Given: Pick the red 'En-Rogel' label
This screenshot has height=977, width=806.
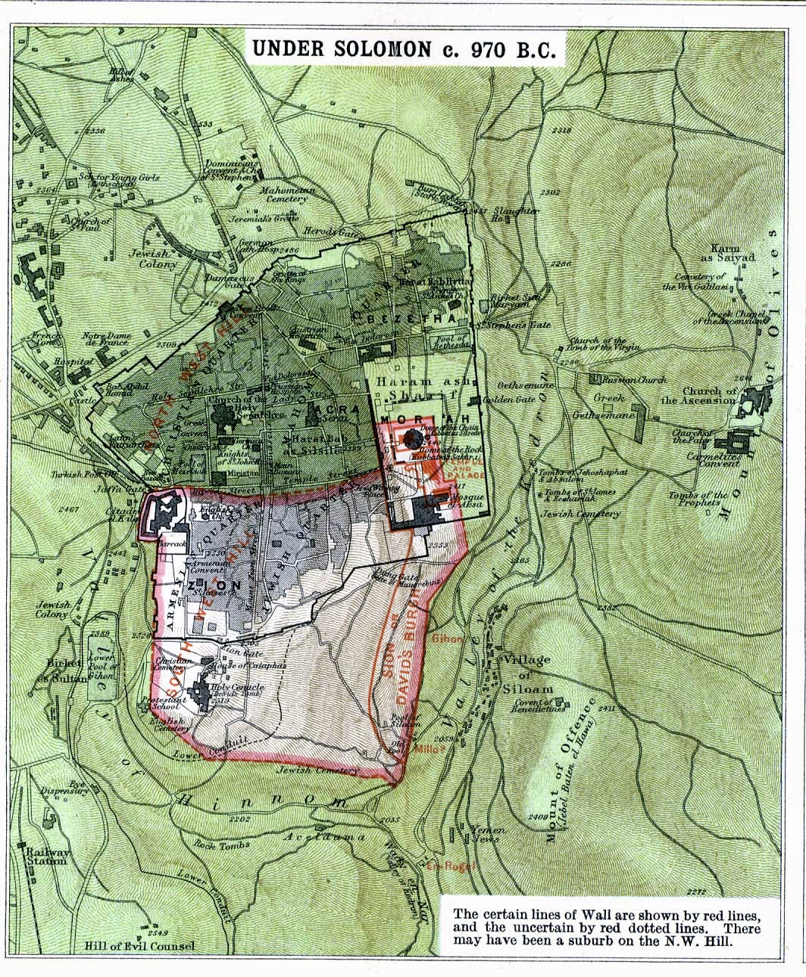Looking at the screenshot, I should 445,866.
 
